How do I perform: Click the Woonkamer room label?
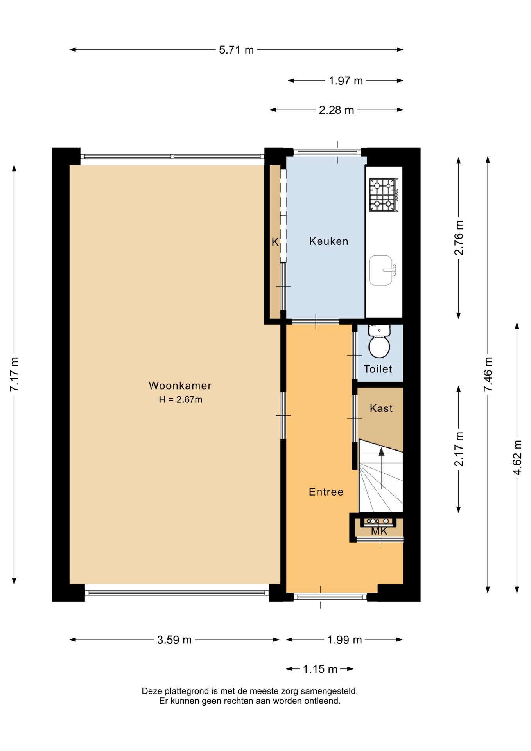coord(180,386)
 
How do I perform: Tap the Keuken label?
coord(328,241)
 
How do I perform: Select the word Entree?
coord(326,492)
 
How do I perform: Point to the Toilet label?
coord(378,369)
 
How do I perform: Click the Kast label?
coord(381,408)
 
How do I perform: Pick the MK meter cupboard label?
coord(379,531)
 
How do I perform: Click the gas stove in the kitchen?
coord(384,195)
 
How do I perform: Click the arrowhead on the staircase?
coord(381,452)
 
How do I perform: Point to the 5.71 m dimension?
coord(236,50)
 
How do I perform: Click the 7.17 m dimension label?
coord(14,374)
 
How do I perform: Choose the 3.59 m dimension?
coord(174,640)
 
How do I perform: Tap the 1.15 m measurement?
coord(320,669)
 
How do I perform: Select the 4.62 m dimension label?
coord(517,458)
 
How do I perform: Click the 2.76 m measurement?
coord(459,238)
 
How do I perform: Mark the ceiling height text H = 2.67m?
coord(181,399)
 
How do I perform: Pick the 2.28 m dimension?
coord(336,110)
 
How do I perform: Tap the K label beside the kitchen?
coord(275,242)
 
